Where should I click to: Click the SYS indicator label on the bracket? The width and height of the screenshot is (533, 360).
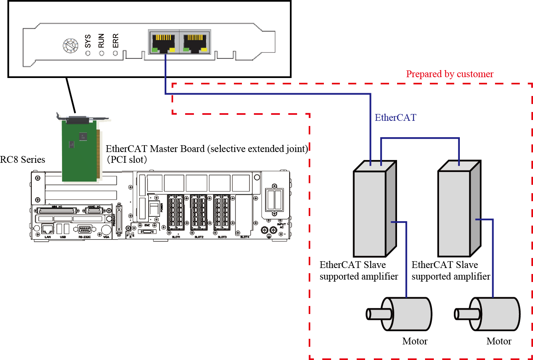click(x=88, y=41)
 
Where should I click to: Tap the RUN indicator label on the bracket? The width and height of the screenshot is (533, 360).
click(x=102, y=40)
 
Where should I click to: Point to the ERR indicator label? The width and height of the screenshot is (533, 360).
click(x=116, y=40)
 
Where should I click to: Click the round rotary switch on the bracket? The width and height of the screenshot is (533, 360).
click(x=71, y=46)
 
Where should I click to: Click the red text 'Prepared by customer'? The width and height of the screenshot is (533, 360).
click(x=449, y=74)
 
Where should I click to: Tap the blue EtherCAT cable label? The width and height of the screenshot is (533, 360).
click(x=395, y=118)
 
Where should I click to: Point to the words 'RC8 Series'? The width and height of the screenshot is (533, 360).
click(x=22, y=160)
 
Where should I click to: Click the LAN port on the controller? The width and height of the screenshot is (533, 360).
click(x=48, y=230)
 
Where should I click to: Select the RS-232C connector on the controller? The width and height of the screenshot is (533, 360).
click(x=85, y=230)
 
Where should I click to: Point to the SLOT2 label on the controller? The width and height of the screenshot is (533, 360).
click(x=199, y=237)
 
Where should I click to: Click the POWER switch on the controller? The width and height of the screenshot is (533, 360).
click(x=154, y=209)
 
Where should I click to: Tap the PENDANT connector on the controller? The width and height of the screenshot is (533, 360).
click(x=119, y=216)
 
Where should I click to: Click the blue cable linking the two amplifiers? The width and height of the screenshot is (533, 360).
click(x=420, y=138)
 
